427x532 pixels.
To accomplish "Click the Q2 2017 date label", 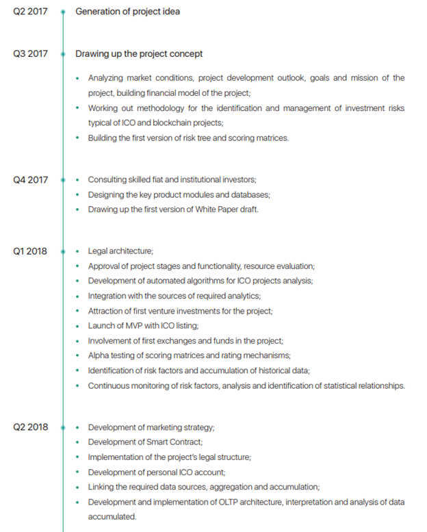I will pyautogui.click(x=30, y=12).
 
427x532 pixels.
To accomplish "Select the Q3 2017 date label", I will pyautogui.click(x=30, y=53).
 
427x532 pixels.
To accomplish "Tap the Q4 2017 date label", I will pyautogui.click(x=30, y=180).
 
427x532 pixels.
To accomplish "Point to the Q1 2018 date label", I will pyautogui.click(x=30, y=251).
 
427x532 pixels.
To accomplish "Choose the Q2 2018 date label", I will pyautogui.click(x=30, y=427).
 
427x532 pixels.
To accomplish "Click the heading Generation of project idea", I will pyautogui.click(x=127, y=12).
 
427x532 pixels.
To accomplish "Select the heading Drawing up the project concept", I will pyautogui.click(x=139, y=53).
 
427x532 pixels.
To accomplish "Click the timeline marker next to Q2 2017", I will pyautogui.click(x=63, y=12).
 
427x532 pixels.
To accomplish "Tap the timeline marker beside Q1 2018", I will pyautogui.click(x=63, y=251).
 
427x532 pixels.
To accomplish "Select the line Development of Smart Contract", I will pyautogui.click(x=145, y=442).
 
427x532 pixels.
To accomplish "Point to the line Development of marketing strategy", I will pyautogui.click(x=151, y=427).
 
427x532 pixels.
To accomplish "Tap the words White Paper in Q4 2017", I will pyautogui.click(x=205, y=210).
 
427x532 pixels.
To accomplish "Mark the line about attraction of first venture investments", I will pyautogui.click(x=180, y=311).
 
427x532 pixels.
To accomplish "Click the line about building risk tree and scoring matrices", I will pyautogui.click(x=188, y=138).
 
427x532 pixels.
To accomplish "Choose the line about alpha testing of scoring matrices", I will pyautogui.click(x=189, y=355).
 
